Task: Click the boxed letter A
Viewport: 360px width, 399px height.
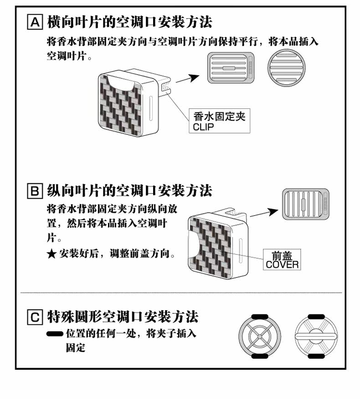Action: coord(35,22)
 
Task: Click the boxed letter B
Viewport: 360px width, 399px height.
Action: coord(35,191)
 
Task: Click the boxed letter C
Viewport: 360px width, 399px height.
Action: coord(35,317)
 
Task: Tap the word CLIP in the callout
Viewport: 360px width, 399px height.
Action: coord(203,127)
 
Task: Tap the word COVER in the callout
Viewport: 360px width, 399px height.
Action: coord(282,265)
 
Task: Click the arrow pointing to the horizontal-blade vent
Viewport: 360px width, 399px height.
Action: coord(187,78)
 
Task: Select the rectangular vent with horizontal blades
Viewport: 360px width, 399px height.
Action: coord(231,68)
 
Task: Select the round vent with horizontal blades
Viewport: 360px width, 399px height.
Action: coord(287,68)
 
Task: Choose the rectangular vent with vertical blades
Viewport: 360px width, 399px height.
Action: coord(305,205)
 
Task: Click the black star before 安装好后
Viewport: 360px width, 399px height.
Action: coord(51,254)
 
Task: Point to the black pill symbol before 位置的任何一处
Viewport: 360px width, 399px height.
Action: coord(55,333)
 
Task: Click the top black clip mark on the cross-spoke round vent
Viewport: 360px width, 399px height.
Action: coord(260,317)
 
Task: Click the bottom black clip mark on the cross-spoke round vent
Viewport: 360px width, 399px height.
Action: coord(260,356)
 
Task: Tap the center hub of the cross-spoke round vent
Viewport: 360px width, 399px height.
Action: coord(260,337)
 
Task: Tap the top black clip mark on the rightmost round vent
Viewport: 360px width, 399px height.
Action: coord(316,317)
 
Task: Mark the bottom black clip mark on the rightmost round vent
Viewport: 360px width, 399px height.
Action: coord(316,356)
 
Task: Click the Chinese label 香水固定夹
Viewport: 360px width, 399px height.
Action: coord(219,116)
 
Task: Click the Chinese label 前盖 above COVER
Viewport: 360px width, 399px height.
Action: coord(282,255)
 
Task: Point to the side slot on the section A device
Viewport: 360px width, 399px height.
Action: coord(151,108)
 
